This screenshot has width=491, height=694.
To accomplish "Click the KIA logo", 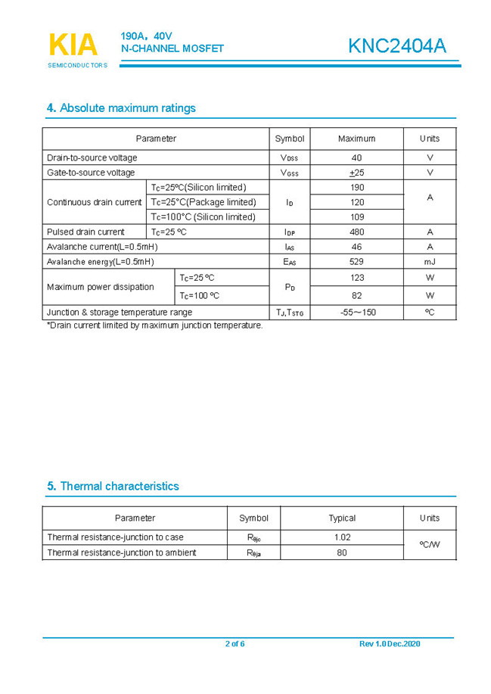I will [73, 45].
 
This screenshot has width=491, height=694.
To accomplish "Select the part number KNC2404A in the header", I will [396, 46].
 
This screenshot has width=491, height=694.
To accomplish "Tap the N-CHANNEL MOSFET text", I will [172, 48].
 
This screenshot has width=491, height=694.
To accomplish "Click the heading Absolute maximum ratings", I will [121, 108].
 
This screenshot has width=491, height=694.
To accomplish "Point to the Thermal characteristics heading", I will [113, 486].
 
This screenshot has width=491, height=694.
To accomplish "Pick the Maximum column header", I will [356, 138].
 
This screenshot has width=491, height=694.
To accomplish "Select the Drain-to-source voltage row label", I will [92, 157].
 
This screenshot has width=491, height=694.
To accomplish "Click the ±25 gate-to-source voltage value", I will [356, 173].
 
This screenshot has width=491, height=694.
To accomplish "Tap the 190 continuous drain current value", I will [356, 187].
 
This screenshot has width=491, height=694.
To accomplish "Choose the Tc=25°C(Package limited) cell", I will [204, 202].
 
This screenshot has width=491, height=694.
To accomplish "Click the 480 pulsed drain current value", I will [356, 232].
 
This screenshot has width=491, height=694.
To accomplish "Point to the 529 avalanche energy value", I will [356, 262].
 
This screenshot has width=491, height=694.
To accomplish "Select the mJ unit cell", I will [430, 262].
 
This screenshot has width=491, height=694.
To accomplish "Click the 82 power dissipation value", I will [356, 295].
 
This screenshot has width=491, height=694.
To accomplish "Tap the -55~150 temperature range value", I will [357, 312].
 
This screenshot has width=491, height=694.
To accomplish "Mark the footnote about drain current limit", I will [155, 325].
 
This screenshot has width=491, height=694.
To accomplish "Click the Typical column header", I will [342, 518].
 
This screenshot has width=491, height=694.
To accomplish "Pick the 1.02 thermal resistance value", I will [342, 537].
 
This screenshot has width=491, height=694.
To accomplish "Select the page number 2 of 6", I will [235, 644].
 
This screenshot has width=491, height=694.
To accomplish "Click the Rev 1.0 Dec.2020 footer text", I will [390, 644].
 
